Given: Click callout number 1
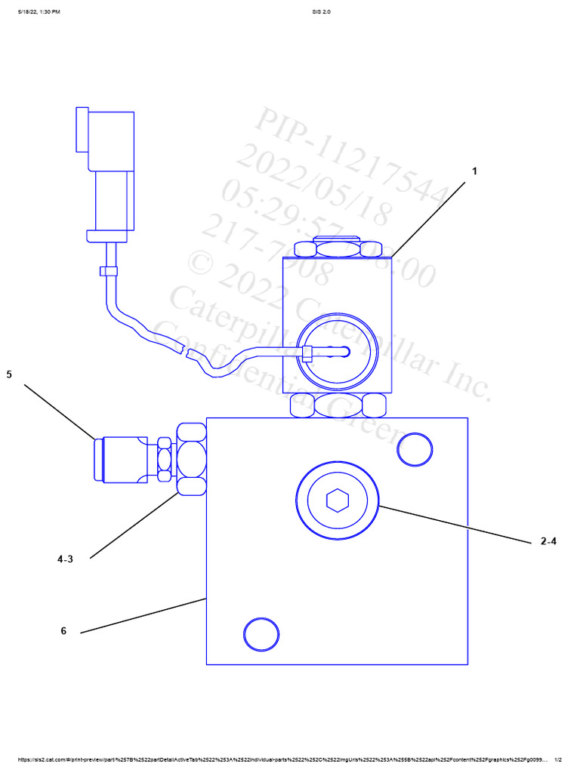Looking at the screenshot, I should (x=474, y=171).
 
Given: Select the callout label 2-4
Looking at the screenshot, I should (x=548, y=541).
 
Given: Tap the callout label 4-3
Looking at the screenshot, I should (x=66, y=559).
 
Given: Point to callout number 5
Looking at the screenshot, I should (x=9, y=374).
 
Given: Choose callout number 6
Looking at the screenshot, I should (x=63, y=631).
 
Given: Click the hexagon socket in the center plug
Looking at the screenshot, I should (x=336, y=500).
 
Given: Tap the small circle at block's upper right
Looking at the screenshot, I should (x=414, y=449).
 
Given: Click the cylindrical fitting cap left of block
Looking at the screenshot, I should (x=121, y=458).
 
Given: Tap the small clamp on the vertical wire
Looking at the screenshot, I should (x=109, y=271).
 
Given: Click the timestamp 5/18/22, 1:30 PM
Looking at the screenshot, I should (x=39, y=12).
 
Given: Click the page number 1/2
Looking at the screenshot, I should (x=558, y=759).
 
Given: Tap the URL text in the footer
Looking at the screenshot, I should (x=279, y=759).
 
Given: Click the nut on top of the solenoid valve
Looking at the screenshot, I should (x=338, y=249).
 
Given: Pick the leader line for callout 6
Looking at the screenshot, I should (x=143, y=615).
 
